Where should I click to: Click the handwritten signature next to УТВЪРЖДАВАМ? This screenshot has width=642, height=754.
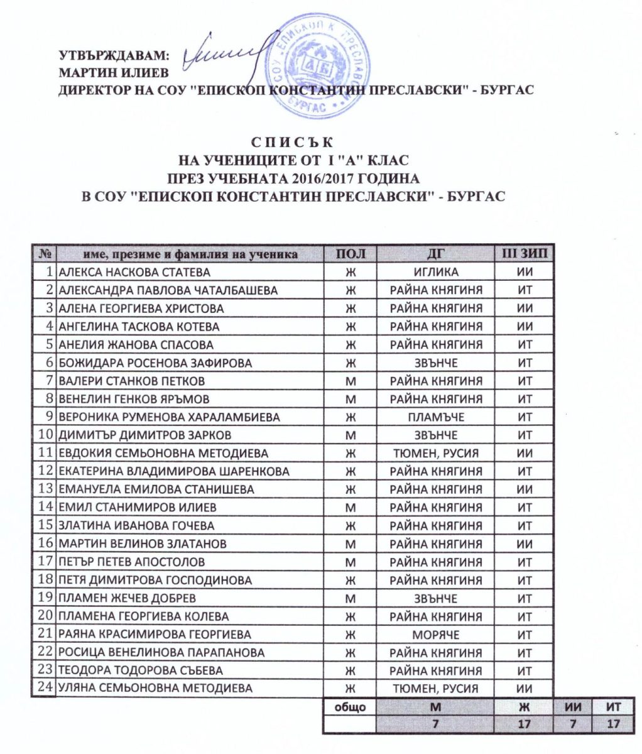tap(220, 53)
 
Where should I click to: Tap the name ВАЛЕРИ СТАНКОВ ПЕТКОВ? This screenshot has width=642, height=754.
tap(131, 381)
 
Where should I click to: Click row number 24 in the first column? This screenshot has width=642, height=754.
tap(45, 688)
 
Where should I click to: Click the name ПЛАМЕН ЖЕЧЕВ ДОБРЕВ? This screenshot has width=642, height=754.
tap(127, 598)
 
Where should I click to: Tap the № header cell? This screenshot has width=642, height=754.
tap(45, 254)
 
